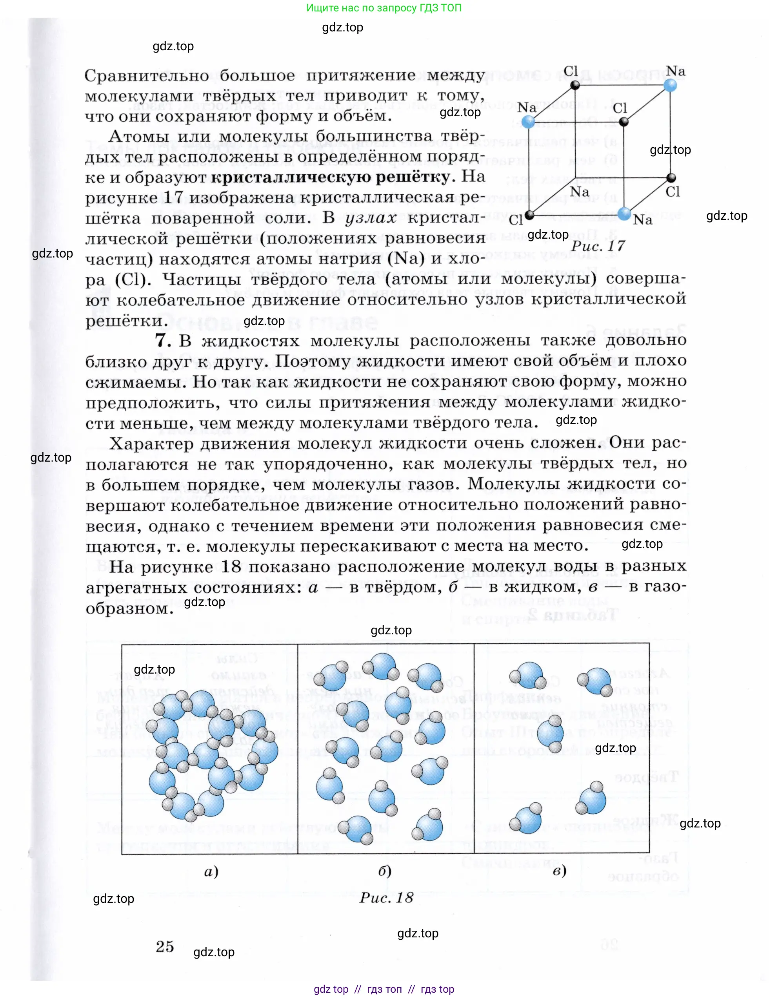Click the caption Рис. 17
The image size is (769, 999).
pyautogui.click(x=597, y=246)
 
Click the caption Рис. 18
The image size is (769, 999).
pyautogui.click(x=386, y=898)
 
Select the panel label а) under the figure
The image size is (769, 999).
pyautogui.click(x=211, y=871)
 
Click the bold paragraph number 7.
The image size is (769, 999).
pyautogui.click(x=163, y=341)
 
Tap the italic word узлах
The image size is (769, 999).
pyautogui.click(x=371, y=218)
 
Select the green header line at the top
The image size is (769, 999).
pyautogui.click(x=384, y=8)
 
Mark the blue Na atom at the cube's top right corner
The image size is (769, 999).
pyautogui.click(x=670, y=85)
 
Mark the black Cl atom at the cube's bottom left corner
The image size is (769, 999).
pyautogui.click(x=529, y=215)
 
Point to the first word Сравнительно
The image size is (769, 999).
pyautogui.click(x=147, y=75)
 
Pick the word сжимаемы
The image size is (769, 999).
pyautogui.click(x=136, y=382)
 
